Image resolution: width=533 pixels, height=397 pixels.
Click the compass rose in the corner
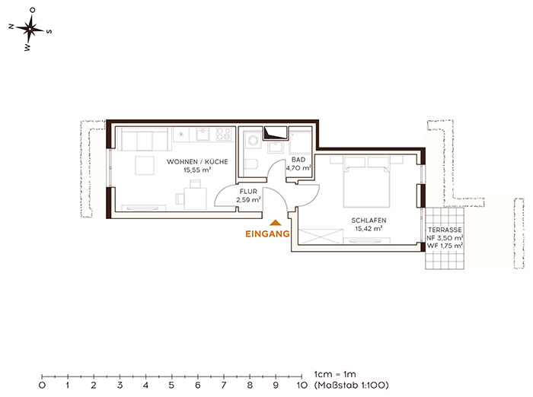[x=30, y=30]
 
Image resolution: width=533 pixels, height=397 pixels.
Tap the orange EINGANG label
[x=267, y=234]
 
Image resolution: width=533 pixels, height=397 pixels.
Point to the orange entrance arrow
[x=276, y=223]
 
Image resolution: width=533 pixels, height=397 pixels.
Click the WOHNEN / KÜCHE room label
[x=197, y=162]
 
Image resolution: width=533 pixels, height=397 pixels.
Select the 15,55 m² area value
[x=197, y=170]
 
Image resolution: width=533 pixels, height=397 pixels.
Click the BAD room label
[x=298, y=160]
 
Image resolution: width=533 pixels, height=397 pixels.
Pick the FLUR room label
[x=248, y=192]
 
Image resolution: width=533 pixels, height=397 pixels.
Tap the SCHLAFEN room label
[x=369, y=221]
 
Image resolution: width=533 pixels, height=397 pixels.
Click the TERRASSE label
[x=445, y=230]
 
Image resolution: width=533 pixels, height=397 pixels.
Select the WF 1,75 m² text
[x=445, y=246]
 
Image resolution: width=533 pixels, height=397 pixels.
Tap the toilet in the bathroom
[x=251, y=164]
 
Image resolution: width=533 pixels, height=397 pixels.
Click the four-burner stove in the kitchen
[x=224, y=134]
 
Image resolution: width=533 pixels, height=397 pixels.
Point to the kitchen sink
[x=204, y=134]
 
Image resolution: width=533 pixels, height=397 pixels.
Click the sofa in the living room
[x=144, y=139]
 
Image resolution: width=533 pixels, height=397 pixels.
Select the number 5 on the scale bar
[x=171, y=385]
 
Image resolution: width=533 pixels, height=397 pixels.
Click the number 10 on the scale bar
[x=302, y=385]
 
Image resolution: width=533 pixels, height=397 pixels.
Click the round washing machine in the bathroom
[x=254, y=140]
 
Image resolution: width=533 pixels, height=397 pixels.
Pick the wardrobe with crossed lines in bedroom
[x=321, y=237]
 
